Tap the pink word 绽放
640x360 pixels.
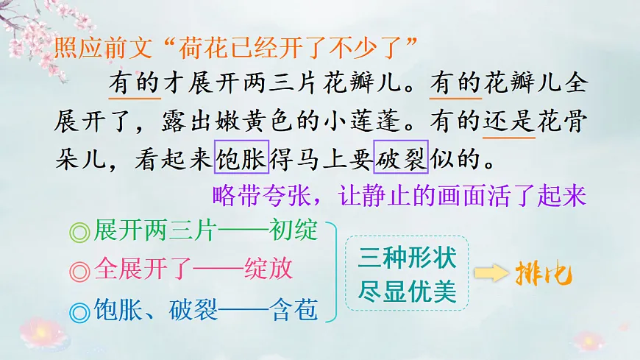click(x=268, y=270)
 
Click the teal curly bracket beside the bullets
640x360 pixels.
click(x=332, y=272)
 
